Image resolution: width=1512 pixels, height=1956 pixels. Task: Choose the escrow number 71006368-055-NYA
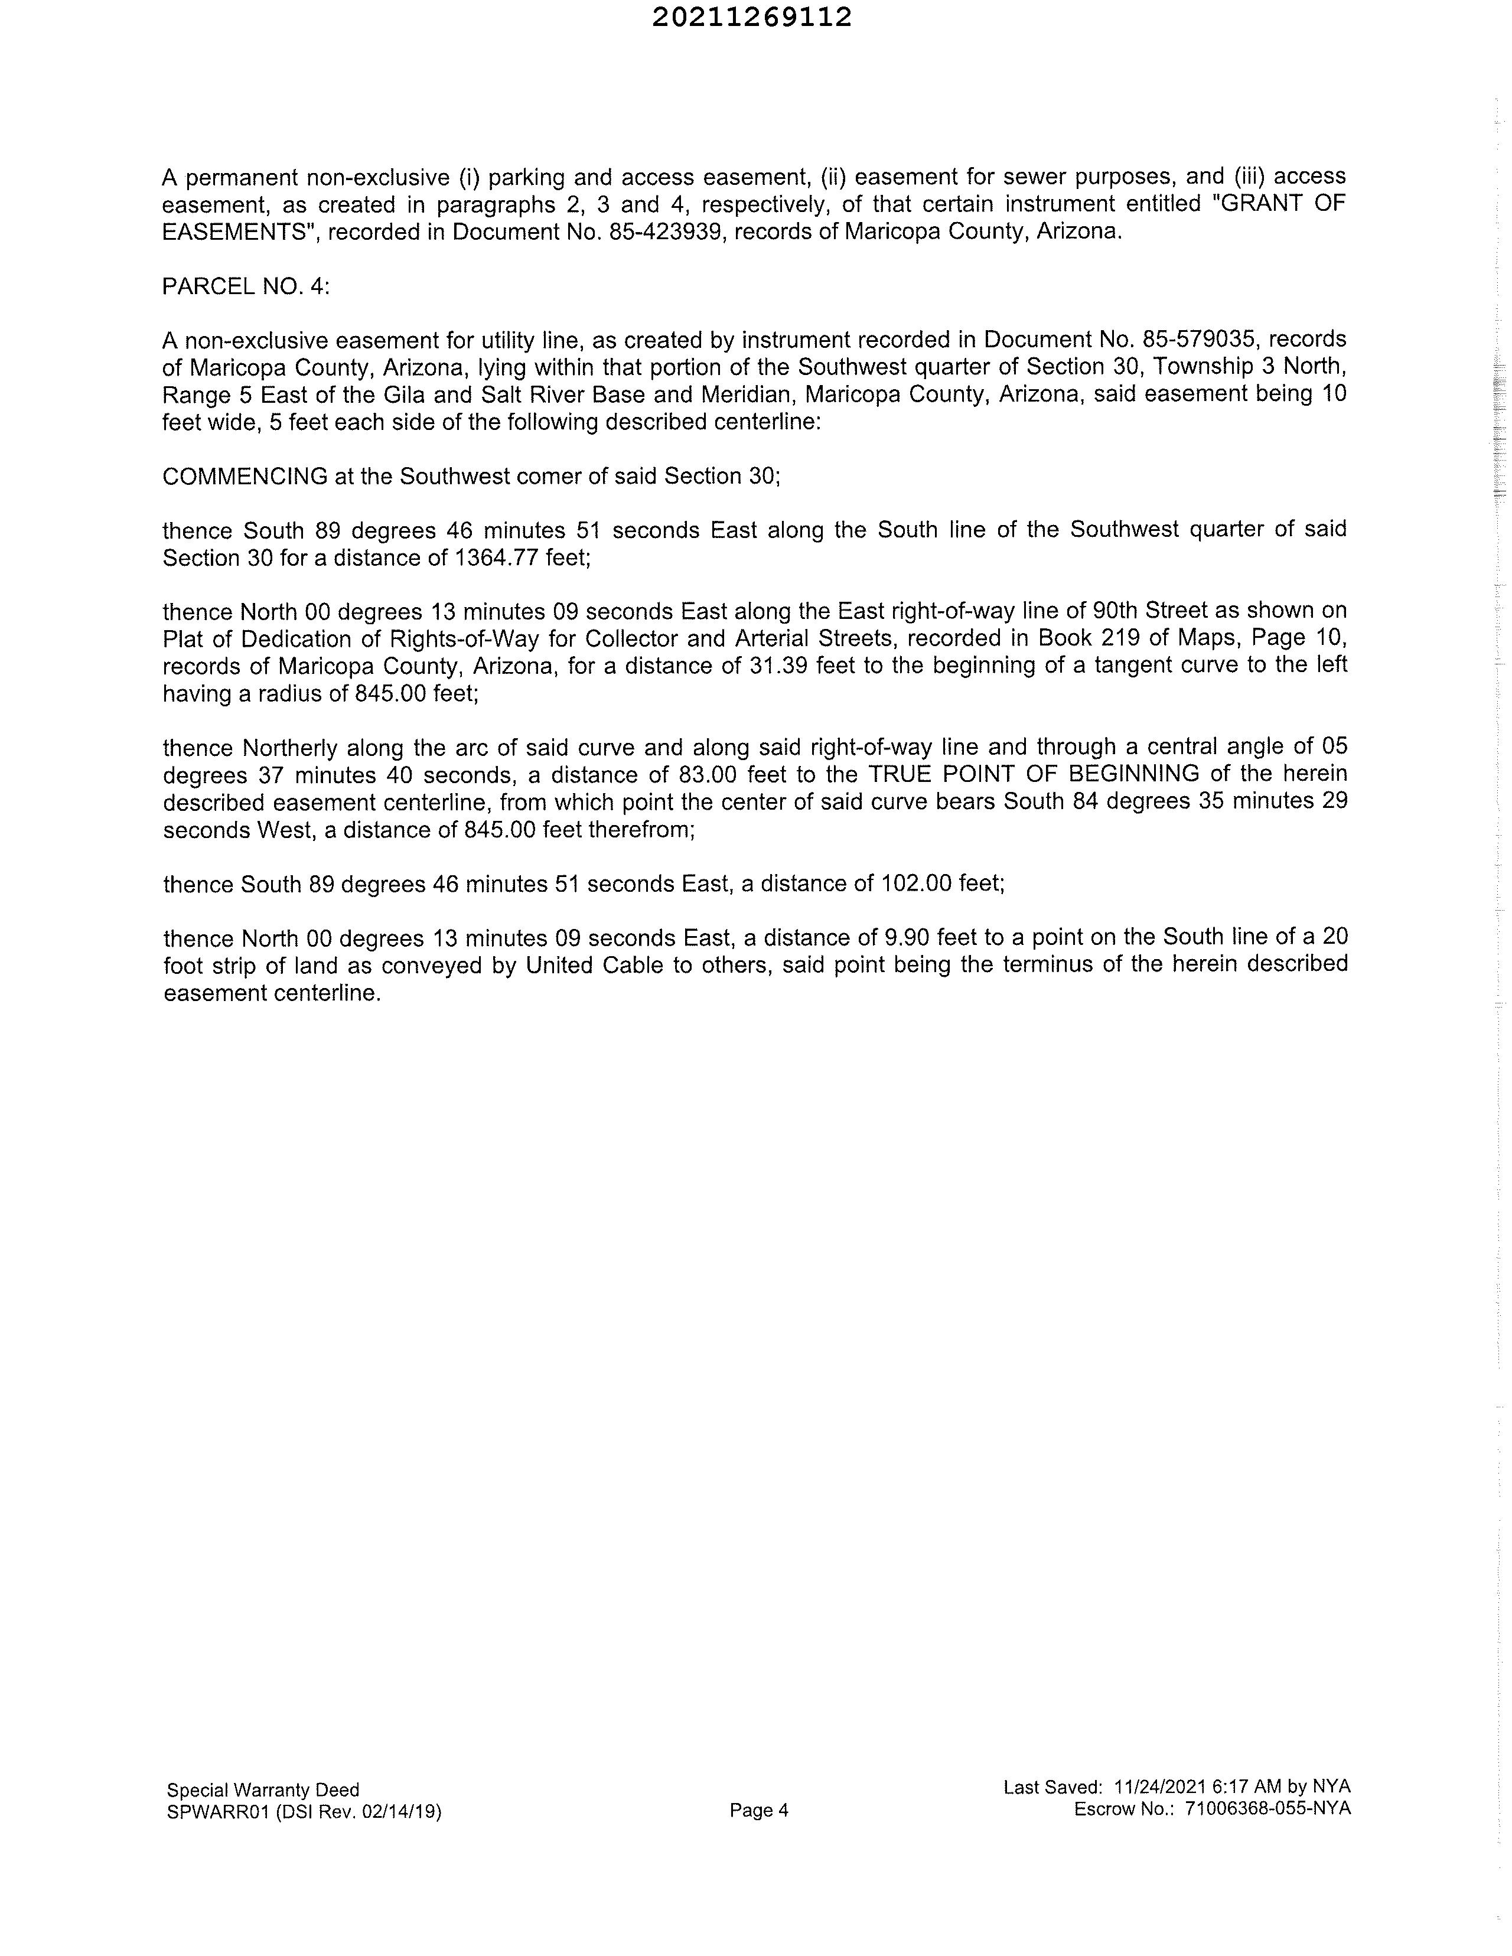1266,1808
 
